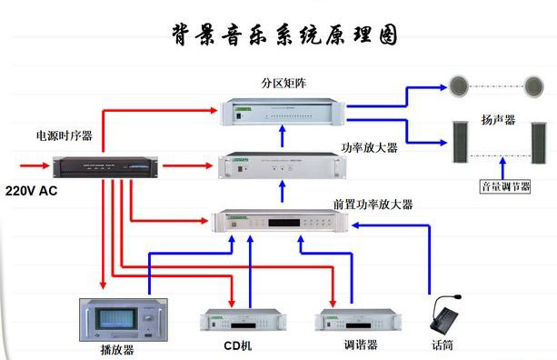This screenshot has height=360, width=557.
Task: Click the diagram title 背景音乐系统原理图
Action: click(x=284, y=35)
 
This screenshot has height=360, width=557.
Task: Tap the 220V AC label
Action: click(x=31, y=191)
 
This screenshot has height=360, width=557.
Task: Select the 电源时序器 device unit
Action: click(x=105, y=167)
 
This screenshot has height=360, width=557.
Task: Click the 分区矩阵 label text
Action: click(x=283, y=83)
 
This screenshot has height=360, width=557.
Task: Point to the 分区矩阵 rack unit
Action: click(x=283, y=112)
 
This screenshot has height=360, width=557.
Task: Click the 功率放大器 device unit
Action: click(x=282, y=165)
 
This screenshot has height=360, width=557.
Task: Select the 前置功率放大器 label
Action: click(x=373, y=205)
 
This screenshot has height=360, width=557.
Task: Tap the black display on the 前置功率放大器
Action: click(x=284, y=223)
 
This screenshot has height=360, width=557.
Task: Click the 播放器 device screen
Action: click(x=118, y=318)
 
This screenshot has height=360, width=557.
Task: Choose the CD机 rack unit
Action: click(x=243, y=320)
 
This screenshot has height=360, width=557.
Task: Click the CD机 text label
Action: click(x=238, y=345)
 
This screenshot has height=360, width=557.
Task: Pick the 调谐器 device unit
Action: click(x=358, y=320)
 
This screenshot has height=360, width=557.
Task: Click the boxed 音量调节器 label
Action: click(x=505, y=186)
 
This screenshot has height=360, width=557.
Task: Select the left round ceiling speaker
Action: click(x=459, y=86)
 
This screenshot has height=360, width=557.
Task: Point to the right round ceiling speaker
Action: click(x=534, y=86)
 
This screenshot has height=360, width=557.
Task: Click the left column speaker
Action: click(x=461, y=142)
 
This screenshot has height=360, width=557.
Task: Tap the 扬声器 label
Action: click(x=498, y=120)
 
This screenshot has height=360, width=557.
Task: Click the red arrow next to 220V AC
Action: click(x=35, y=165)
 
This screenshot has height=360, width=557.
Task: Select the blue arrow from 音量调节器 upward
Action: click(x=502, y=168)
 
